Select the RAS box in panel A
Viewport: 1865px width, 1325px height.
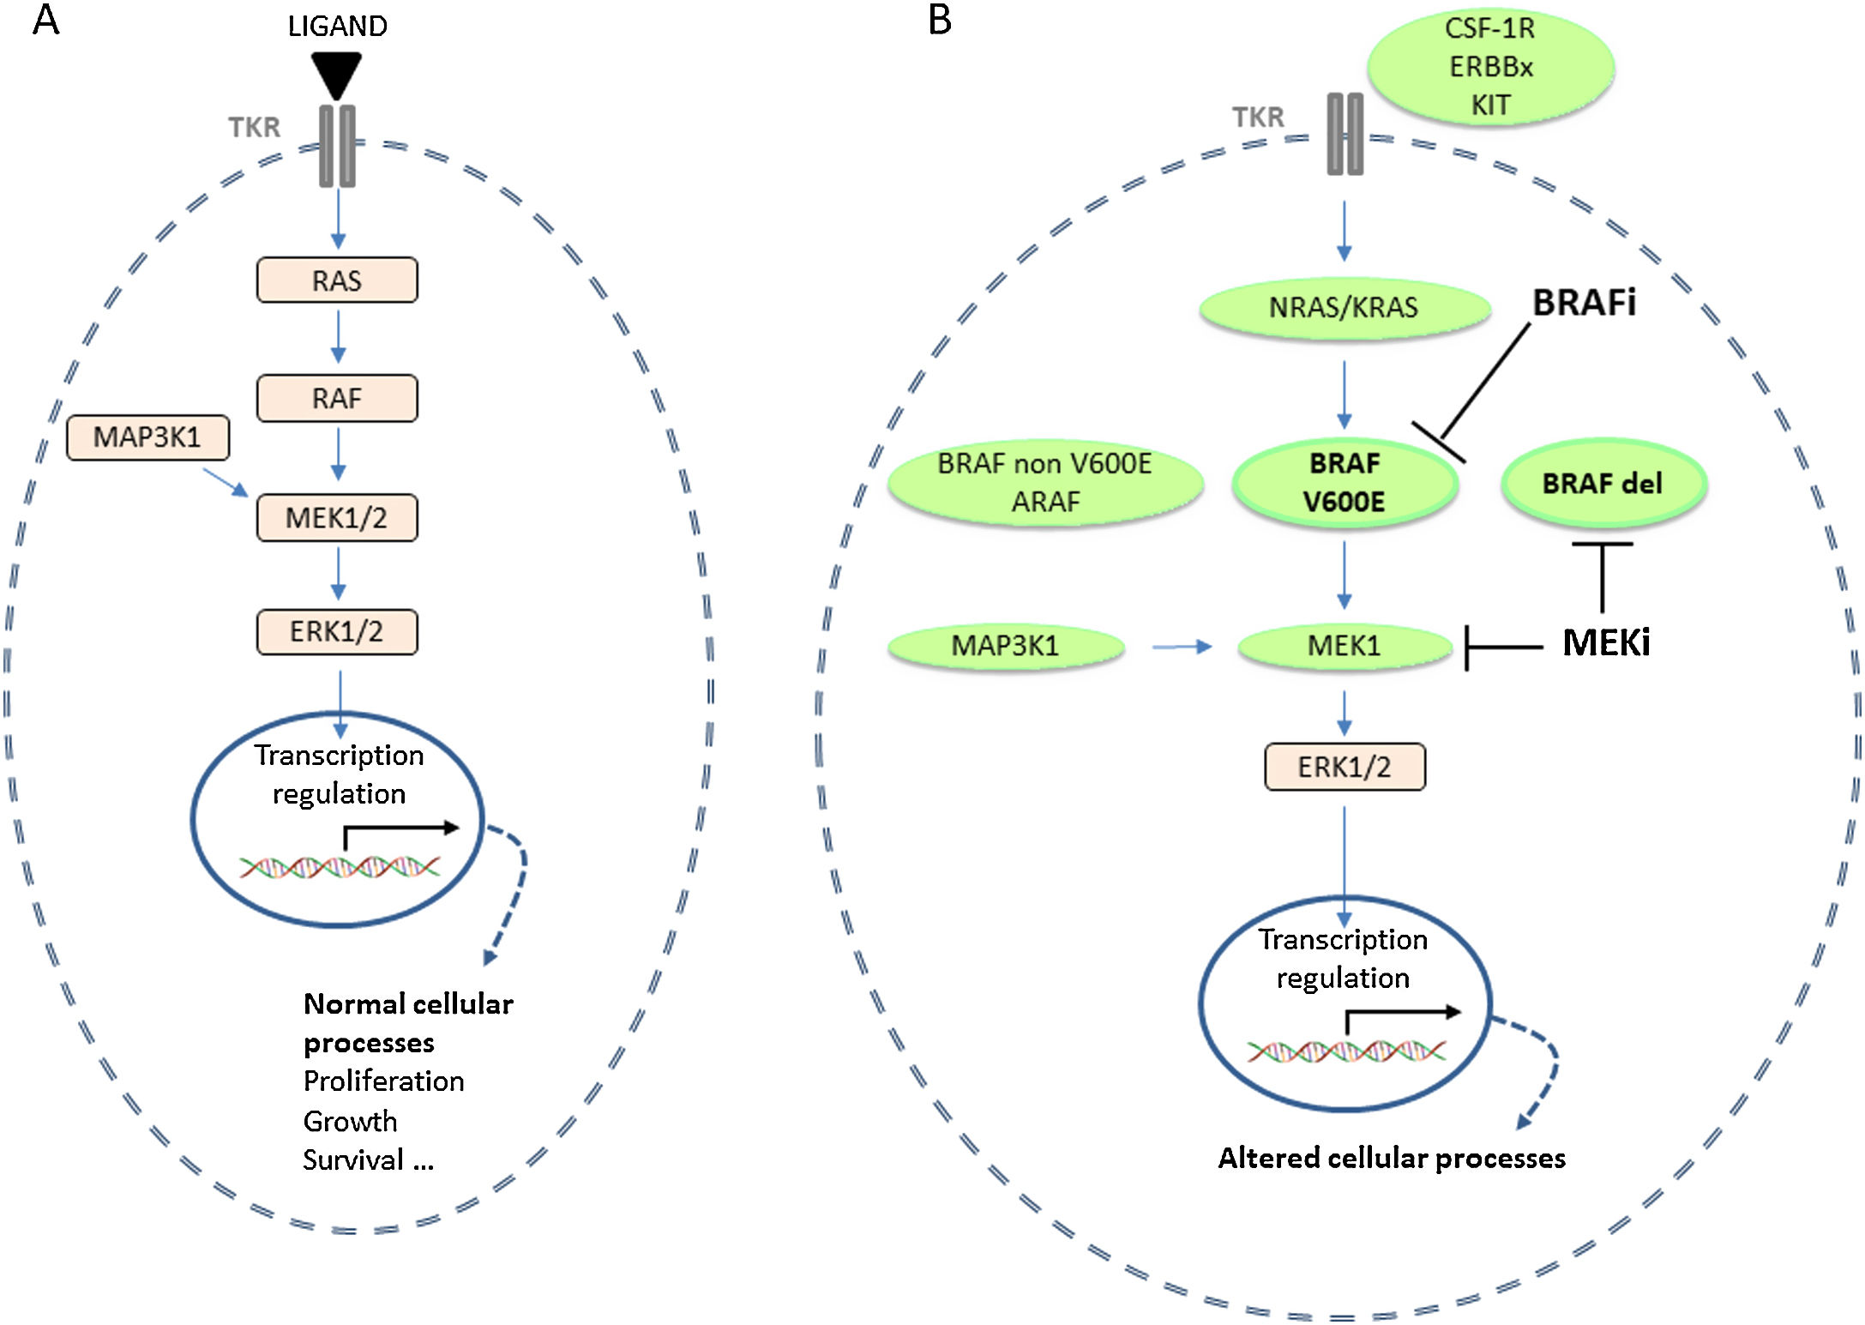pyautogui.click(x=337, y=280)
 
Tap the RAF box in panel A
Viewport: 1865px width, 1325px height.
pyautogui.click(x=337, y=398)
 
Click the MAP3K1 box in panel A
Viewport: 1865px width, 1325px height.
pyautogui.click(x=147, y=437)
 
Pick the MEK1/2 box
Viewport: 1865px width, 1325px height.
pyautogui.click(x=337, y=518)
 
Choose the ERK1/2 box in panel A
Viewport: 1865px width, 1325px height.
pyautogui.click(x=337, y=632)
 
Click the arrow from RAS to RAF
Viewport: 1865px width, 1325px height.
pyautogui.click(x=338, y=337)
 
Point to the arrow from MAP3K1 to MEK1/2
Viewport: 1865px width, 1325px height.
pyautogui.click(x=226, y=482)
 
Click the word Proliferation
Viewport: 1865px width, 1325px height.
pyautogui.click(x=383, y=1081)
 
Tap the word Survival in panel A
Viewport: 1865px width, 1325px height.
pyautogui.click(x=353, y=1159)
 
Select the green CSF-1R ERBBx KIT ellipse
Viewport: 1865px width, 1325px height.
pyautogui.click(x=1490, y=67)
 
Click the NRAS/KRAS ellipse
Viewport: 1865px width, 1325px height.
pyautogui.click(x=1344, y=307)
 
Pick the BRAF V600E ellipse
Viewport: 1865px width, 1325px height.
pyautogui.click(x=1345, y=483)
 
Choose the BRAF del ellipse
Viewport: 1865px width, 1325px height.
pyautogui.click(x=1603, y=484)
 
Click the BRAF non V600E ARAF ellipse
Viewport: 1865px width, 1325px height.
pyautogui.click(x=1044, y=483)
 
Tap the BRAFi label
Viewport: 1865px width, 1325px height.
pyautogui.click(x=1584, y=303)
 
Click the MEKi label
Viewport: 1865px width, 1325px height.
pyautogui.click(x=1605, y=642)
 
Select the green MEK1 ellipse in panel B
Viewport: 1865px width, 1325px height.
pyautogui.click(x=1344, y=645)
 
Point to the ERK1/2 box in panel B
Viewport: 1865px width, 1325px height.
pyautogui.click(x=1345, y=767)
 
